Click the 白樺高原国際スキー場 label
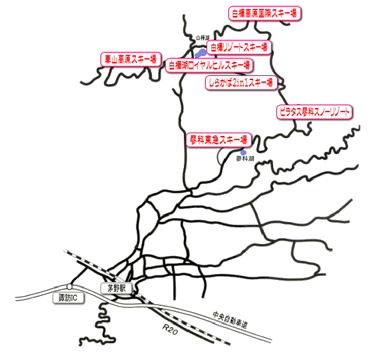point(265,13)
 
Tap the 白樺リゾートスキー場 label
point(239,47)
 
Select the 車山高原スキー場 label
point(131,59)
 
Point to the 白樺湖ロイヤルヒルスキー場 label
point(209,65)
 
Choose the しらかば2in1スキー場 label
point(241,83)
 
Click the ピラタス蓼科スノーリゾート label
point(314,112)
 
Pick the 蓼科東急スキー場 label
point(219,140)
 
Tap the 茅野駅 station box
point(117,289)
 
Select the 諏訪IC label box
point(68,298)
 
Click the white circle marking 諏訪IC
point(69,287)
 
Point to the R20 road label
point(170,329)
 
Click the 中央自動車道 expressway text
point(230,320)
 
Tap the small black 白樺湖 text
point(202,37)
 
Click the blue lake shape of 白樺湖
point(200,53)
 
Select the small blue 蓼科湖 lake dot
point(243,153)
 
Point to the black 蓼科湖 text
point(245,159)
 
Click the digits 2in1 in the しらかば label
point(240,83)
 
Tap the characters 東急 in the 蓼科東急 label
point(212,140)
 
